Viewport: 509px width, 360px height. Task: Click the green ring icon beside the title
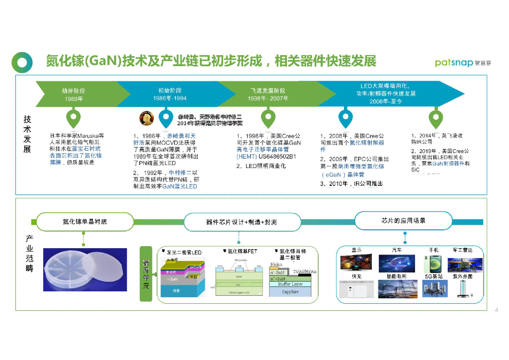click(22, 62)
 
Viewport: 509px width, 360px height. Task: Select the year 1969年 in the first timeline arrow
click(74, 99)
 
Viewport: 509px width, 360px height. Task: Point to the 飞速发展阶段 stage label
click(268, 90)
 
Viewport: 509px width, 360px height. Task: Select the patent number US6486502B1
click(273, 156)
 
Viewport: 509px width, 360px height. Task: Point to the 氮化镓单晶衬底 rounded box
click(85, 221)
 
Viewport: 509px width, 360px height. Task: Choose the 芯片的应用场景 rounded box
click(403, 220)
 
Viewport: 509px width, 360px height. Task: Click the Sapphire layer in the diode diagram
click(290, 292)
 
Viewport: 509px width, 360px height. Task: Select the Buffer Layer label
click(291, 284)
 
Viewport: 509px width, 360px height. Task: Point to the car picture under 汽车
click(397, 264)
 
